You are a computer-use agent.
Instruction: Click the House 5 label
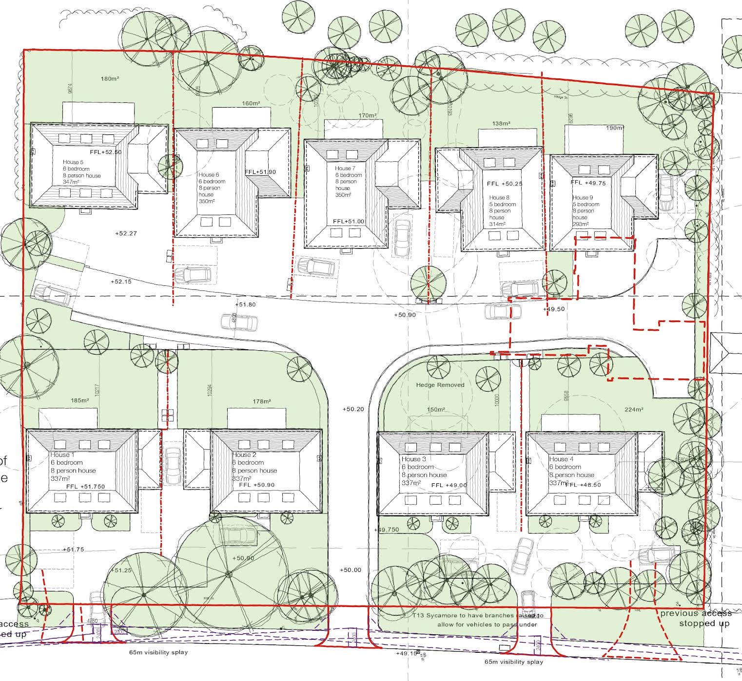coord(73,162)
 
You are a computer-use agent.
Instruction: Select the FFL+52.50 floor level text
coord(105,152)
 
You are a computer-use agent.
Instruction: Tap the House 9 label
coord(583,198)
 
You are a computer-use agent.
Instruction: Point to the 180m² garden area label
coord(110,79)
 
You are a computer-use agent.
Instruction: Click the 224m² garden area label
coord(633,409)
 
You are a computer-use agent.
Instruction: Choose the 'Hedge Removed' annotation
coord(440,385)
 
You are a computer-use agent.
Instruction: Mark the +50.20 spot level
coord(353,409)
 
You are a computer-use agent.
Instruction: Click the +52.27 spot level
coord(126,233)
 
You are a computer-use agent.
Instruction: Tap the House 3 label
coord(413,459)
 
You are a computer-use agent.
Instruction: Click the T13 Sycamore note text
coord(477,620)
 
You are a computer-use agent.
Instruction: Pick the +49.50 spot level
coord(553,309)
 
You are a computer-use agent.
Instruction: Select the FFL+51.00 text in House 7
coord(348,221)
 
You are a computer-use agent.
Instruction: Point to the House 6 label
coord(209,174)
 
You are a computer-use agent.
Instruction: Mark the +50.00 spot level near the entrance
coord(351,570)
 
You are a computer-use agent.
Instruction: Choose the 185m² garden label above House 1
coord(80,400)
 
